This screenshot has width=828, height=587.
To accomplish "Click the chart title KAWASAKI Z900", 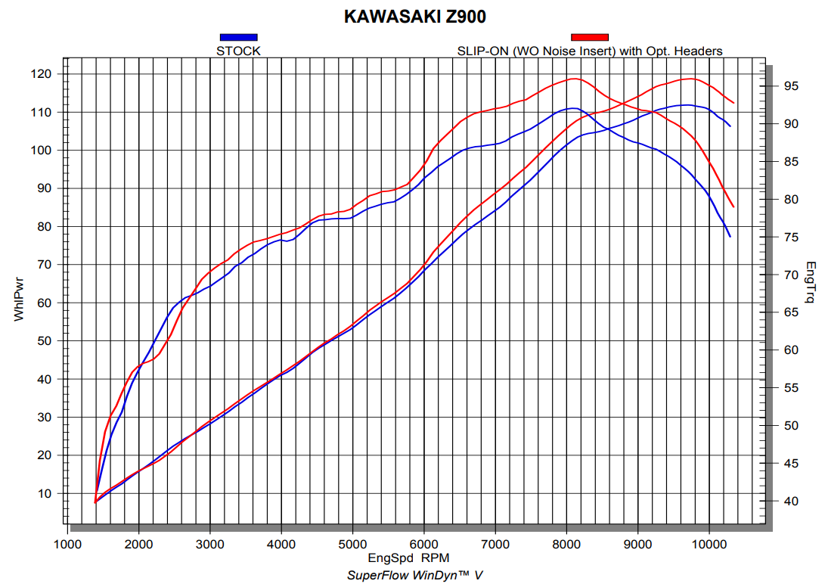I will point(415,17).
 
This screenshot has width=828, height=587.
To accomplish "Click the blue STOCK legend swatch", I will point(238,36).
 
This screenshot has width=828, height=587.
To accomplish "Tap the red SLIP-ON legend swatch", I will point(589,36).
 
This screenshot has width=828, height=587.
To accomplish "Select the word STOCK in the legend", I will point(238,51).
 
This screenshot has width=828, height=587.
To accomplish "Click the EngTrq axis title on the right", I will point(811,283).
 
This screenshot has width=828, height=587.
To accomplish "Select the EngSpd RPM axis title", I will point(408,559).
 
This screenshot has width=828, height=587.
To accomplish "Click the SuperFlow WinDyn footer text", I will point(414,576).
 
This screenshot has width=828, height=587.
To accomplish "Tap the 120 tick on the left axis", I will point(41,74).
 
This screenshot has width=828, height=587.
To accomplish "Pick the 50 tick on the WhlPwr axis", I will point(44,341).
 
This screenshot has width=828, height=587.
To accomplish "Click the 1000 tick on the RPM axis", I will point(68,544).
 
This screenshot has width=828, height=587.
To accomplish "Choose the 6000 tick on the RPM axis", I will point(424,544).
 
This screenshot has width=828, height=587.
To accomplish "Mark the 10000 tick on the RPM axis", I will point(709,544).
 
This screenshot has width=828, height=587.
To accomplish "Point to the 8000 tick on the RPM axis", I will point(566,544).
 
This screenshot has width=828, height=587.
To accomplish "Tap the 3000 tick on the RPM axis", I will point(210,544).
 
